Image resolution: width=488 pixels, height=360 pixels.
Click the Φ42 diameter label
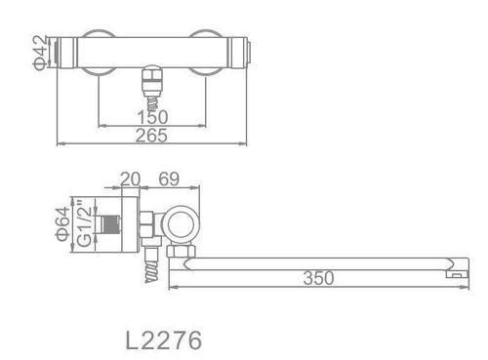pos(41,53)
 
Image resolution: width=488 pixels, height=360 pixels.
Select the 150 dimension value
pos(152,117)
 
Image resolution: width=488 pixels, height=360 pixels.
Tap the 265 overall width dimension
pos(151,136)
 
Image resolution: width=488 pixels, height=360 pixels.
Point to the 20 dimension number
pos(130,179)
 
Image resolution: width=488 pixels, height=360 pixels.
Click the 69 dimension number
pos(169,179)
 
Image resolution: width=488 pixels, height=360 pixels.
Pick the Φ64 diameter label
pos(62,224)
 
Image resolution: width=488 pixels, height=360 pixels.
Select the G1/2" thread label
pos(85,223)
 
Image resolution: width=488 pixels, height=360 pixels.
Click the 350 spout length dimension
pos(318,278)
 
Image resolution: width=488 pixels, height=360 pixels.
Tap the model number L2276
pos(164,340)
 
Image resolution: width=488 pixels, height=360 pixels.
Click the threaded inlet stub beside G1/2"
pos(110,224)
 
